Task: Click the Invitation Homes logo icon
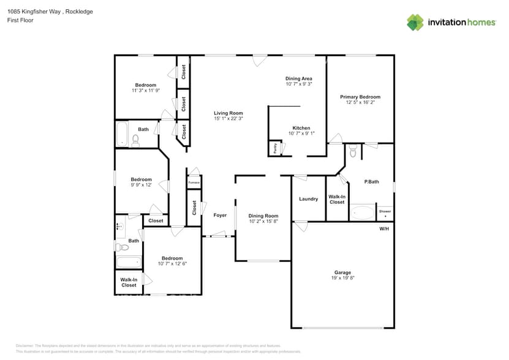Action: (415, 22)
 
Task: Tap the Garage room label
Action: (342, 272)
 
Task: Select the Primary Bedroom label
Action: (360, 97)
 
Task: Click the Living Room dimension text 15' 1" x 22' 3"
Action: (228, 119)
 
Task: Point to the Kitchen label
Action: (301, 128)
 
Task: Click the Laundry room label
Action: (308, 199)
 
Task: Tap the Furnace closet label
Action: (194, 182)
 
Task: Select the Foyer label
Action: (220, 216)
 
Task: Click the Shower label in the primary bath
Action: (385, 211)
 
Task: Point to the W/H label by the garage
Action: (384, 228)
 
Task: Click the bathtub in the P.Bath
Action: (362, 212)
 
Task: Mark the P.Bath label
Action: (372, 182)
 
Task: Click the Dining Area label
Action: (299, 78)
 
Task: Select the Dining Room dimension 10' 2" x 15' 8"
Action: (263, 222)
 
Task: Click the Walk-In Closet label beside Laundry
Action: (337, 199)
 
